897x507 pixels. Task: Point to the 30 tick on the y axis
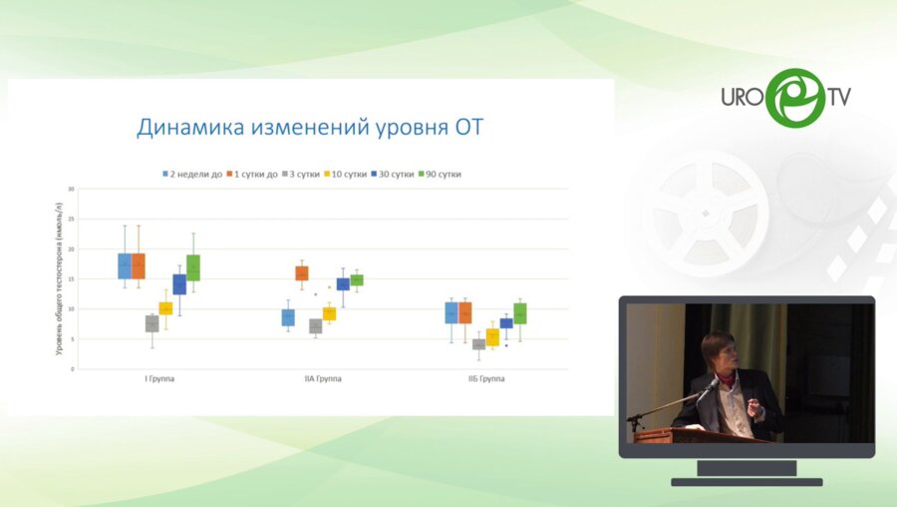click(x=71, y=189)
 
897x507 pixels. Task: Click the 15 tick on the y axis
click(x=71, y=279)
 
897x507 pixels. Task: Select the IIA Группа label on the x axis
click(x=323, y=380)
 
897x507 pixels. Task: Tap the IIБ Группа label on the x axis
click(x=485, y=380)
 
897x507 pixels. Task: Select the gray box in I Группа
click(x=151, y=323)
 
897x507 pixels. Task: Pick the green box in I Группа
click(x=193, y=267)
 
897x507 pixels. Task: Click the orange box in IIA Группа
click(x=302, y=272)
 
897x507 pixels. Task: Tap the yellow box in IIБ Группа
click(x=492, y=337)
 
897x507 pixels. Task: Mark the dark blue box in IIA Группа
click(x=343, y=284)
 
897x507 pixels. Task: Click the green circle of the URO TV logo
click(x=794, y=98)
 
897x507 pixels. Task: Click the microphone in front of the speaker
click(x=711, y=383)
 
